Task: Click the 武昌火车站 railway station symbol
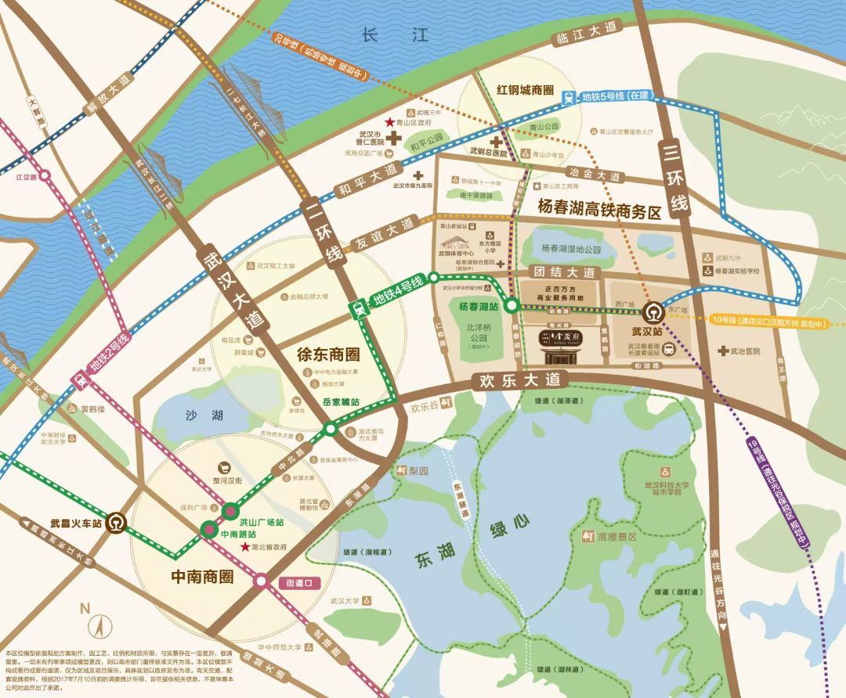pyautogui.click(x=117, y=520)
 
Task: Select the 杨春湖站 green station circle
pyautogui.click(x=511, y=306)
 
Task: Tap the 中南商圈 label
pyautogui.click(x=202, y=577)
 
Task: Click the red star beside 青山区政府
pyautogui.click(x=389, y=123)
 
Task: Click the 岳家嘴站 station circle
pyautogui.click(x=331, y=429)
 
